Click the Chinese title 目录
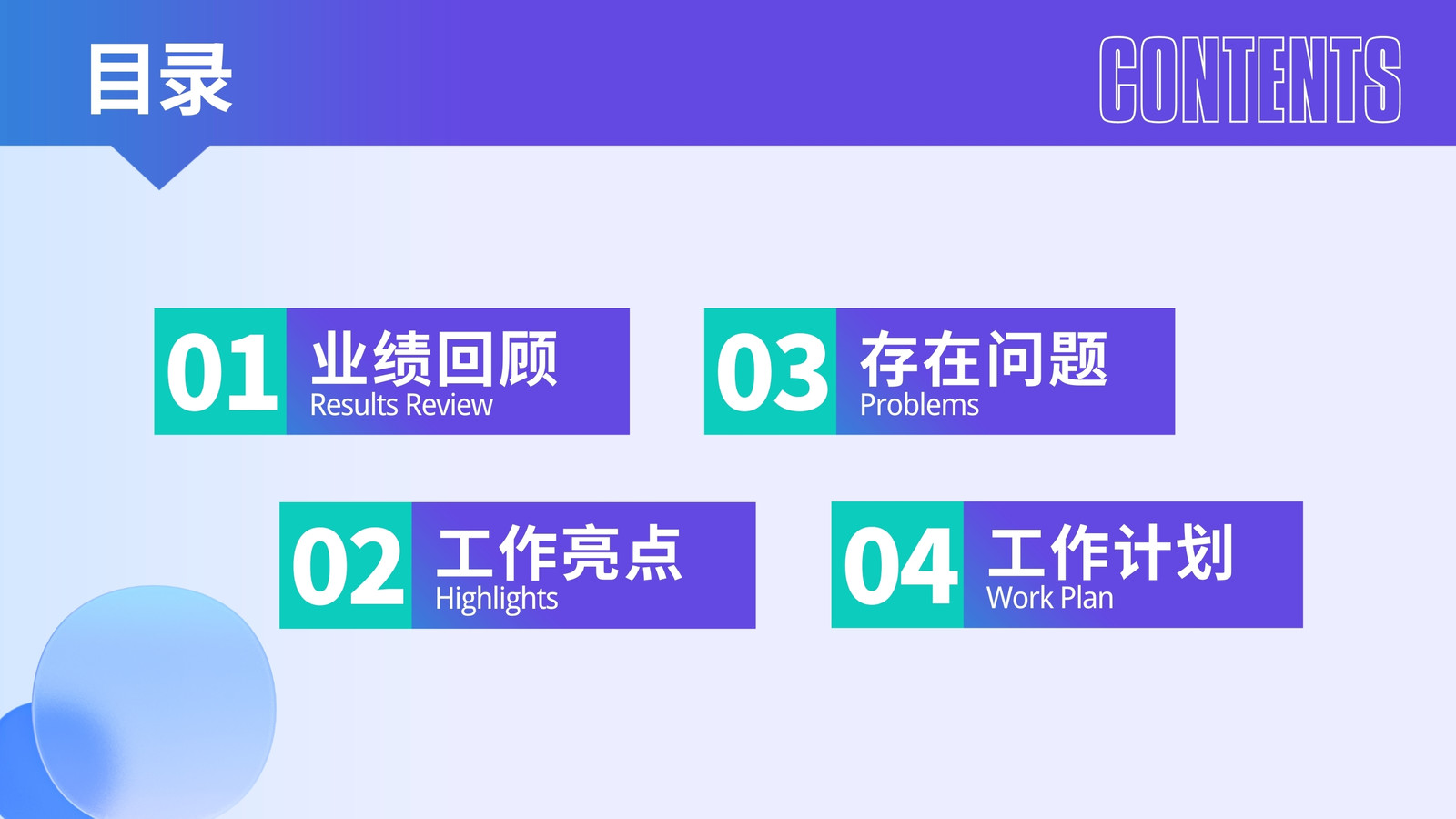tap(160, 79)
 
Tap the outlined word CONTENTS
tap(1250, 79)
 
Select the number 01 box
tap(220, 371)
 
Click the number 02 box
tap(346, 565)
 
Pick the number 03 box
tap(770, 371)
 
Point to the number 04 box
tap(897, 564)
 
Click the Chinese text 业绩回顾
tap(434, 359)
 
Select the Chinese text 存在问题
tap(984, 359)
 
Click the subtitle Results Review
tap(401, 405)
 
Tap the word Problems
tap(919, 405)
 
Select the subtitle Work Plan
tap(1050, 598)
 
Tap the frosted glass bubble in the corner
tap(154, 702)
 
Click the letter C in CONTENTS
tap(1117, 79)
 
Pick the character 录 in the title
tap(197, 79)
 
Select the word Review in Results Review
tap(450, 405)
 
